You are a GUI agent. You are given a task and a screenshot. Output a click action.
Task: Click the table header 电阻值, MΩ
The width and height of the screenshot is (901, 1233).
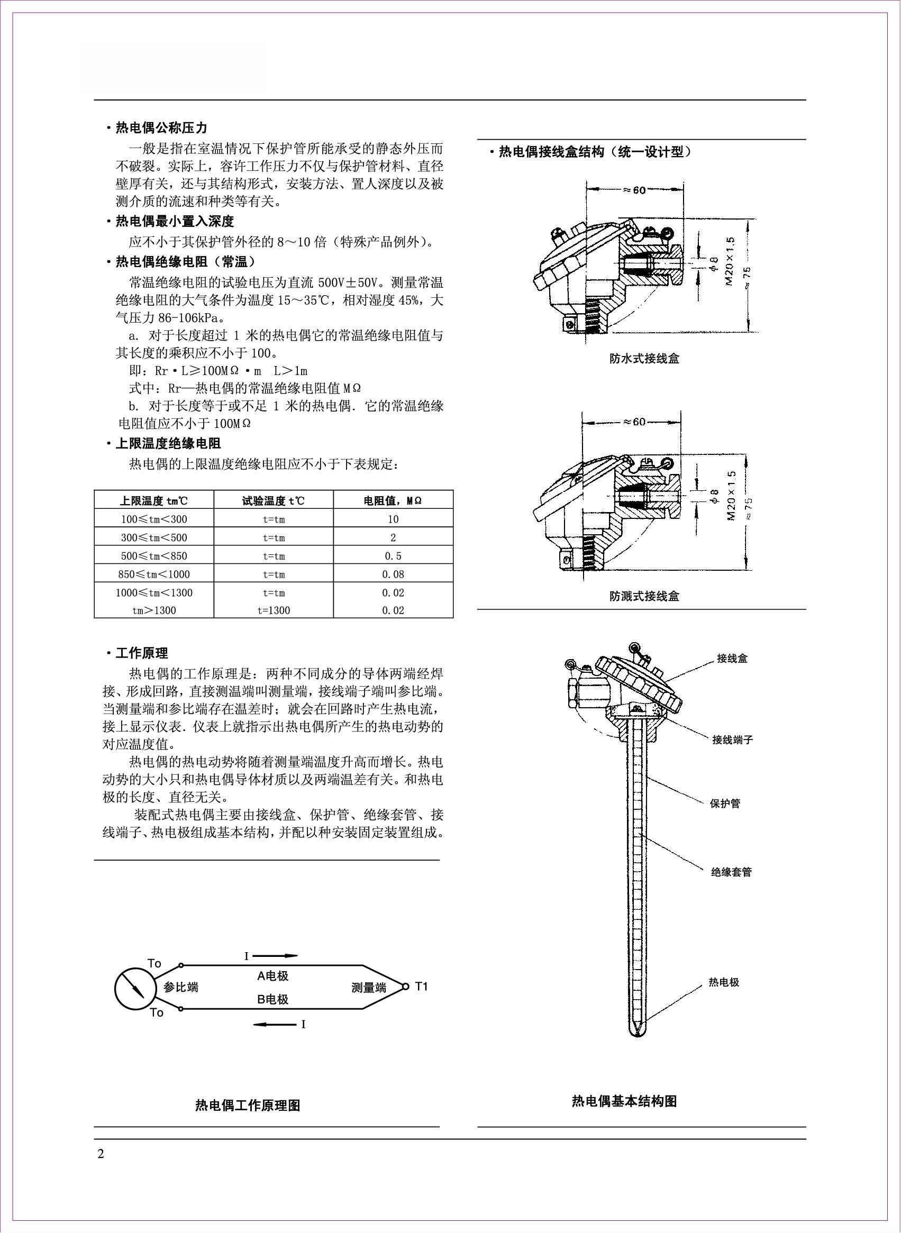(x=393, y=500)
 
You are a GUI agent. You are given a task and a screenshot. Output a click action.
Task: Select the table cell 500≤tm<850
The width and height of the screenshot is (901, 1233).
(x=154, y=556)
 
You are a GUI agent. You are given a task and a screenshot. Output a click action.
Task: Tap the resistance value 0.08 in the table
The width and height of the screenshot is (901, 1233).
(x=393, y=574)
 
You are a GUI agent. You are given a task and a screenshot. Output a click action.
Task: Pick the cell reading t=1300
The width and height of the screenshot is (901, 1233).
(x=274, y=610)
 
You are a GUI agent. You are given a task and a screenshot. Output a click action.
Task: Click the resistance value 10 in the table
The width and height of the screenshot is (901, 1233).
(x=393, y=519)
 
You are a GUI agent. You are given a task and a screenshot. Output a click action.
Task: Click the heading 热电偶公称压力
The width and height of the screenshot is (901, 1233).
(x=161, y=128)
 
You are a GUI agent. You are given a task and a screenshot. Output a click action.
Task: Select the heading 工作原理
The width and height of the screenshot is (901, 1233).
(x=142, y=653)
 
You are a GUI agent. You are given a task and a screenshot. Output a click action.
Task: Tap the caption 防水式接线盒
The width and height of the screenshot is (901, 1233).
(x=644, y=359)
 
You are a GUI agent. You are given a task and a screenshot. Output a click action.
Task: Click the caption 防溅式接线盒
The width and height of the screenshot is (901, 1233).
(x=644, y=596)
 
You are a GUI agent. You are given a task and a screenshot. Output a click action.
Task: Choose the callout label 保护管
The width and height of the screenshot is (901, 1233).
(x=725, y=803)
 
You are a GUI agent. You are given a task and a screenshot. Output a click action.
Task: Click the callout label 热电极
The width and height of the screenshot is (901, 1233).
(x=724, y=982)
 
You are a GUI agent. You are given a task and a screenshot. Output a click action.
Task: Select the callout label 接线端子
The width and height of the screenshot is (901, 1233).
(x=732, y=740)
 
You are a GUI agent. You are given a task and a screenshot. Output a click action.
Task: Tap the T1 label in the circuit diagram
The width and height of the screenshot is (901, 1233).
(x=422, y=986)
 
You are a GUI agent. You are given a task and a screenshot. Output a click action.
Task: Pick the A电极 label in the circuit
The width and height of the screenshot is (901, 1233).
(x=272, y=976)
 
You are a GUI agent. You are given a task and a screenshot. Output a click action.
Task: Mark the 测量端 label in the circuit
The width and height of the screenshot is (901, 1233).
(x=369, y=988)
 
